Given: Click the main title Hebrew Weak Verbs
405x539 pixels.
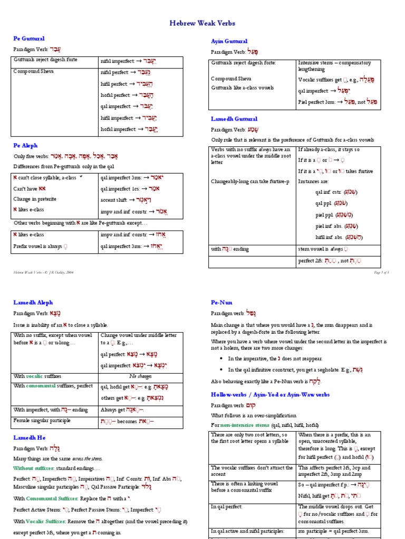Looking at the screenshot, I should [202, 23].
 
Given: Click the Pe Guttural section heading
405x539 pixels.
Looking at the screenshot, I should [28, 38].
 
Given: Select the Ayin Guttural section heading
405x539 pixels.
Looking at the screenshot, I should [229, 41].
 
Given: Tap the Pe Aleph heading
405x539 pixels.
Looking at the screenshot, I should [25, 145].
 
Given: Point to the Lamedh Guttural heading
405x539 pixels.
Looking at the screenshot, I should [234, 119].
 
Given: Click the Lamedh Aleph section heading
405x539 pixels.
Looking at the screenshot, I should [33, 302].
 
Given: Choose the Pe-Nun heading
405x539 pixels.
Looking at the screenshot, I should [222, 302].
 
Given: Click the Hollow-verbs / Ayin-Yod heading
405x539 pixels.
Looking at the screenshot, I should [270, 394].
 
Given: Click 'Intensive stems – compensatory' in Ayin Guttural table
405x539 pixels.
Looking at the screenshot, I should [334, 63].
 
